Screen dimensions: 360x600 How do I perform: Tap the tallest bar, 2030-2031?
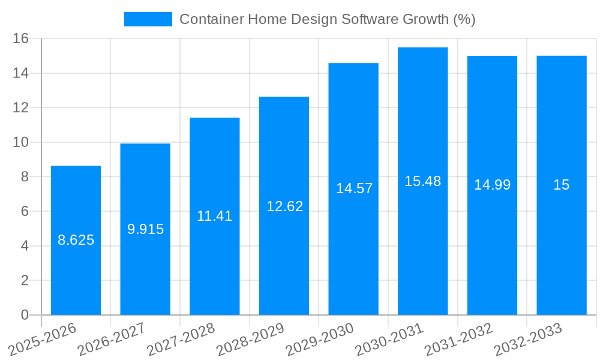(x=422, y=240)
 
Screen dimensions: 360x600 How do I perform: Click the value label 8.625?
(x=76, y=240)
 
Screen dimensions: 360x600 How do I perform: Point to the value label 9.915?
(x=145, y=229)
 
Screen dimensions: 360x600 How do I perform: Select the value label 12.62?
(x=284, y=206)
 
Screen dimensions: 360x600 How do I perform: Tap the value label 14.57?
(x=354, y=188)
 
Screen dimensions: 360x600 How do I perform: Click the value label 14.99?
(x=492, y=185)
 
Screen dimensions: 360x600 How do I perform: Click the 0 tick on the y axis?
(x=25, y=315)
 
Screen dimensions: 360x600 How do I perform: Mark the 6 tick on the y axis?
(x=25, y=211)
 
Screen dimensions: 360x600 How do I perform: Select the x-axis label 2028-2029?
(x=250, y=338)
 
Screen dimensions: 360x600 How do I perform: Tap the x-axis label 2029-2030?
(x=320, y=338)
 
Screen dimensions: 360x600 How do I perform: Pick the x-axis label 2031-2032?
(x=458, y=338)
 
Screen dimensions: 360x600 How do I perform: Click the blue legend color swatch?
(x=148, y=19)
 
